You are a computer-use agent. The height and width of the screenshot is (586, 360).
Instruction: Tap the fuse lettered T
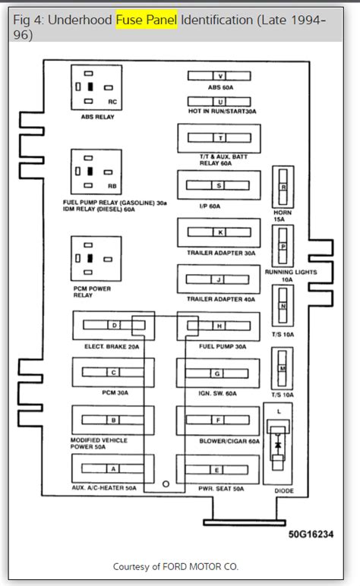click(219, 138)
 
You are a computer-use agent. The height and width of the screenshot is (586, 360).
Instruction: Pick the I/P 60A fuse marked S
click(219, 185)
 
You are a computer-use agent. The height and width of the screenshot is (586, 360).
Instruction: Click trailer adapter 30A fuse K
click(219, 232)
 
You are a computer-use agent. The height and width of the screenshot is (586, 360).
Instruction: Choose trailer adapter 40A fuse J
click(219, 279)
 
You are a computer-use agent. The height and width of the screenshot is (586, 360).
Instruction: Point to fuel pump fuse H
click(219, 326)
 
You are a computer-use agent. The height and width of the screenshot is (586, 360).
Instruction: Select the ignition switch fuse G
click(219, 373)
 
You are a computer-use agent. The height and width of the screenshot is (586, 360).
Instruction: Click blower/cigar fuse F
click(219, 420)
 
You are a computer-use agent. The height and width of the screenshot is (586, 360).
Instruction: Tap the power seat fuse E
click(219, 468)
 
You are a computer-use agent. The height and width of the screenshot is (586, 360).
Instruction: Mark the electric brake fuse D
click(114, 326)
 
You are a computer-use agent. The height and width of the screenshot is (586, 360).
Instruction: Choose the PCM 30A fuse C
click(114, 373)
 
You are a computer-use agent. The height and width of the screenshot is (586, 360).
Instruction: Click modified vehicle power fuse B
click(114, 420)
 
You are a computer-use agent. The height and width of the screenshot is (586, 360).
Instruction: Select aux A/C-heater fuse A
click(114, 468)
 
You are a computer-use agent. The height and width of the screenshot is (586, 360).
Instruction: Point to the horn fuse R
click(283, 187)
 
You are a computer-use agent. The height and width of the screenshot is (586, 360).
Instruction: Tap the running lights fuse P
click(283, 247)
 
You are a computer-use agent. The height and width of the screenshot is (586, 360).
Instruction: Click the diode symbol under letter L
click(278, 445)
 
